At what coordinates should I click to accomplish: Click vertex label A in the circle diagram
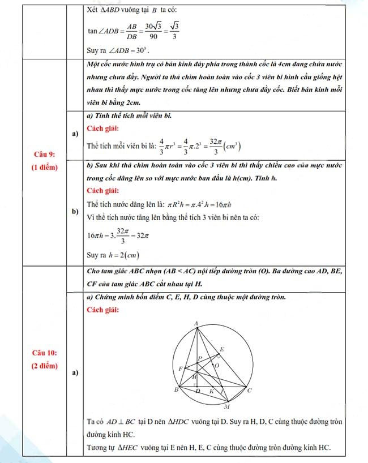[196, 323]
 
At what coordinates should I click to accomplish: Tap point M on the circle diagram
[227, 406]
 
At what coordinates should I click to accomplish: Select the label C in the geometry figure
[250, 391]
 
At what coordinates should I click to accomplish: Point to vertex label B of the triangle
[176, 390]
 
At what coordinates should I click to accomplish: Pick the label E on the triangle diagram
[221, 349]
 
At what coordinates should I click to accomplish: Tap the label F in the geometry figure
[180, 368]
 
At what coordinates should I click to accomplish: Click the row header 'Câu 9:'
[44, 155]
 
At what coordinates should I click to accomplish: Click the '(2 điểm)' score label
[44, 366]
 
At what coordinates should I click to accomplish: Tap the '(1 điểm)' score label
[44, 168]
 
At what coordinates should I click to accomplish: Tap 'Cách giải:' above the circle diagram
[102, 311]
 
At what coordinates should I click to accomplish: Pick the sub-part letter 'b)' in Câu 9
[75, 211]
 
